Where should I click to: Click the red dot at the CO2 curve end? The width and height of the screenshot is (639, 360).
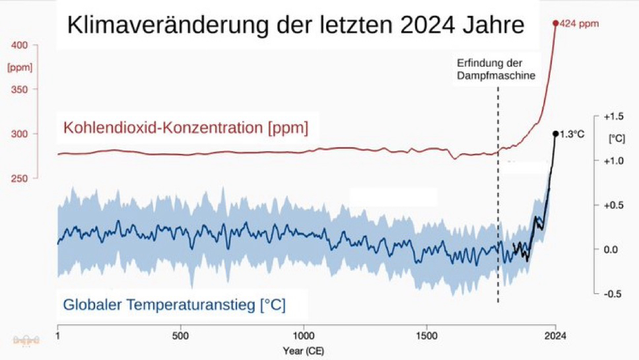(x=555, y=22)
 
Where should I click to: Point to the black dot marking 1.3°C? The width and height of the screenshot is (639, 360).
(x=555, y=133)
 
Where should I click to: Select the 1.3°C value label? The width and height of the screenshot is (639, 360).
(x=572, y=134)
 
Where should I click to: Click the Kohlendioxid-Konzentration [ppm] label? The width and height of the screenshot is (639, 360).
(x=185, y=127)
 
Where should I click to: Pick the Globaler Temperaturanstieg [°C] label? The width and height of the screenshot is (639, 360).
(x=174, y=305)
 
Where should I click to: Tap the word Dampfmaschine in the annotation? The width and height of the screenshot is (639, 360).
(x=496, y=75)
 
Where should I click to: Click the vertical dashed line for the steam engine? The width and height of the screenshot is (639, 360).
(x=498, y=198)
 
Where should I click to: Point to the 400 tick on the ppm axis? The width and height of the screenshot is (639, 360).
(x=20, y=46)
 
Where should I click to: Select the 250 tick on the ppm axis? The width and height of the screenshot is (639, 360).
(x=20, y=178)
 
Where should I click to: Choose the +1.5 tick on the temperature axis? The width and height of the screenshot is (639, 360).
(x=613, y=116)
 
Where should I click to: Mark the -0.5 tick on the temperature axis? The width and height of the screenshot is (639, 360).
(x=613, y=293)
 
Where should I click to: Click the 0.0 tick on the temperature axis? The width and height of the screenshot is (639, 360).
(x=614, y=249)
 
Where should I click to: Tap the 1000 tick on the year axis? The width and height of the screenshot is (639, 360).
(x=304, y=335)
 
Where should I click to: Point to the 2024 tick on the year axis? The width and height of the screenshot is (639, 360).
(x=555, y=335)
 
